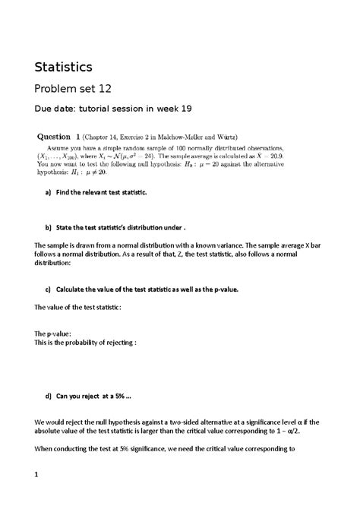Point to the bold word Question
point(55,137)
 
